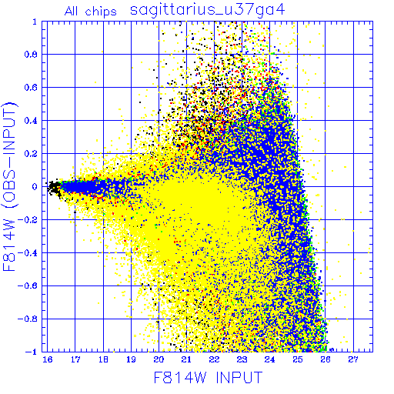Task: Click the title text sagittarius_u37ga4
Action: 207,10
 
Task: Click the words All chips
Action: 90,12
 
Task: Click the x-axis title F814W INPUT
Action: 208,378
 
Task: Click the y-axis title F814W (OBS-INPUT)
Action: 9,186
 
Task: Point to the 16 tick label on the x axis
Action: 48,359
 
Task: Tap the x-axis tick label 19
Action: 131,359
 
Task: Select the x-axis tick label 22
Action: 214,359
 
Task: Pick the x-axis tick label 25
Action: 298,359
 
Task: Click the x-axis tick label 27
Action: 353,359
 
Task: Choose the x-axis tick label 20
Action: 159,359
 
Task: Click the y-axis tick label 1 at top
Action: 35,22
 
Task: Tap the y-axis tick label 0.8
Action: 31,55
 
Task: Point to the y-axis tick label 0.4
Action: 31,121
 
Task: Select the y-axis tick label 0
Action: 35,186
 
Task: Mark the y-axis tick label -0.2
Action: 28,220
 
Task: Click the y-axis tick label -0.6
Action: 28,285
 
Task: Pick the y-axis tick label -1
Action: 32,352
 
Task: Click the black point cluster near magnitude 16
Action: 55,188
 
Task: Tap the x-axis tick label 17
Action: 75,359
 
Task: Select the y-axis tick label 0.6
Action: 31,88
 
